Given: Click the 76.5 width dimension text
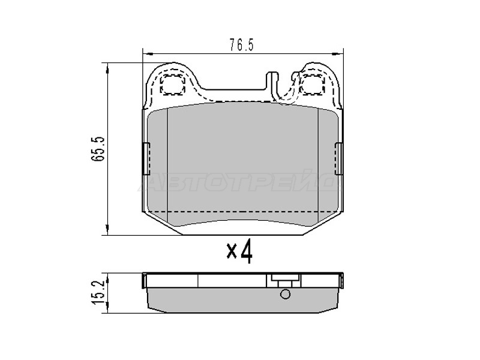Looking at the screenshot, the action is (x=242, y=46).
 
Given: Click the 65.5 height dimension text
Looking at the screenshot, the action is (x=98, y=149).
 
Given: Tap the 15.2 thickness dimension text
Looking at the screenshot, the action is (x=98, y=292).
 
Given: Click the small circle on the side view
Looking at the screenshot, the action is (x=285, y=294).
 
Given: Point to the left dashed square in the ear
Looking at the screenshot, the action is (x=173, y=84).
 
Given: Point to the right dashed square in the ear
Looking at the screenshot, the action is (x=311, y=84).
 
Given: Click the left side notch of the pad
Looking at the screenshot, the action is (x=146, y=158).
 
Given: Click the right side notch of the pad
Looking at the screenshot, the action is (x=339, y=158).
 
